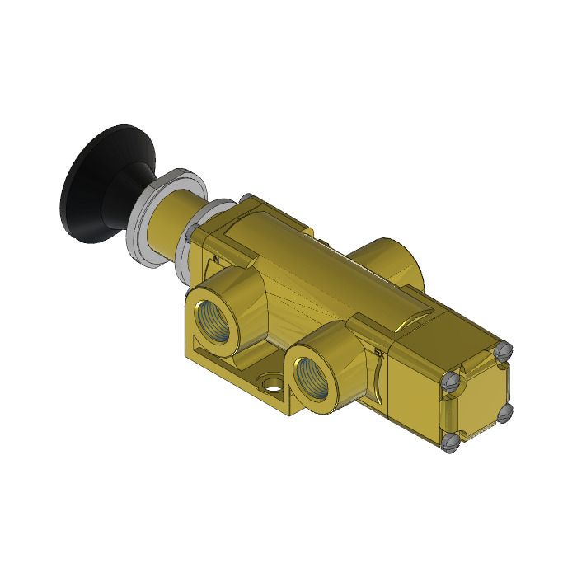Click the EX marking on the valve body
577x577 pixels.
point(378,354)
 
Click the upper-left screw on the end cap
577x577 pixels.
point(449,381)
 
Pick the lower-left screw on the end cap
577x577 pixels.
point(450,445)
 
